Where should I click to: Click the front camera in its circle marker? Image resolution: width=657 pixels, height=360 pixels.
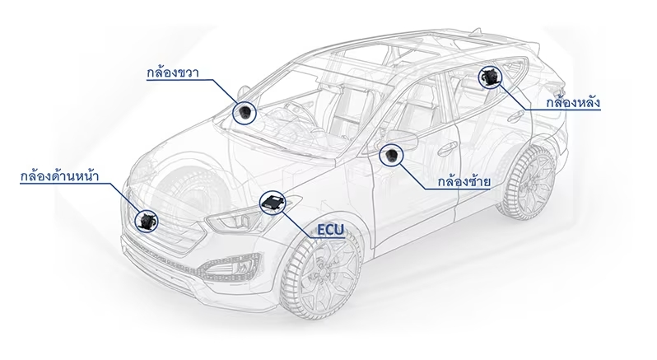pos(147,219)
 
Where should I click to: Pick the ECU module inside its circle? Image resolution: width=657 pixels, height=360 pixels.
pos(273,203)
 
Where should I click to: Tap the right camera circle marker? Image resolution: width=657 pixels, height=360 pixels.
pos(244,112)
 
